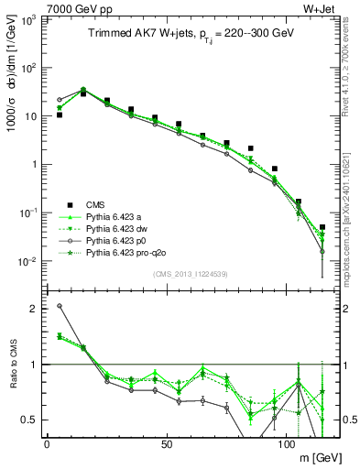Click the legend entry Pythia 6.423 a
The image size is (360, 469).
pyautogui.click(x=115, y=216)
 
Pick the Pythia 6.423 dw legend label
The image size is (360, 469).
pyautogui.click(x=118, y=228)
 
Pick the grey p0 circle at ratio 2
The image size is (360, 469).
pyautogui.click(x=60, y=306)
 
